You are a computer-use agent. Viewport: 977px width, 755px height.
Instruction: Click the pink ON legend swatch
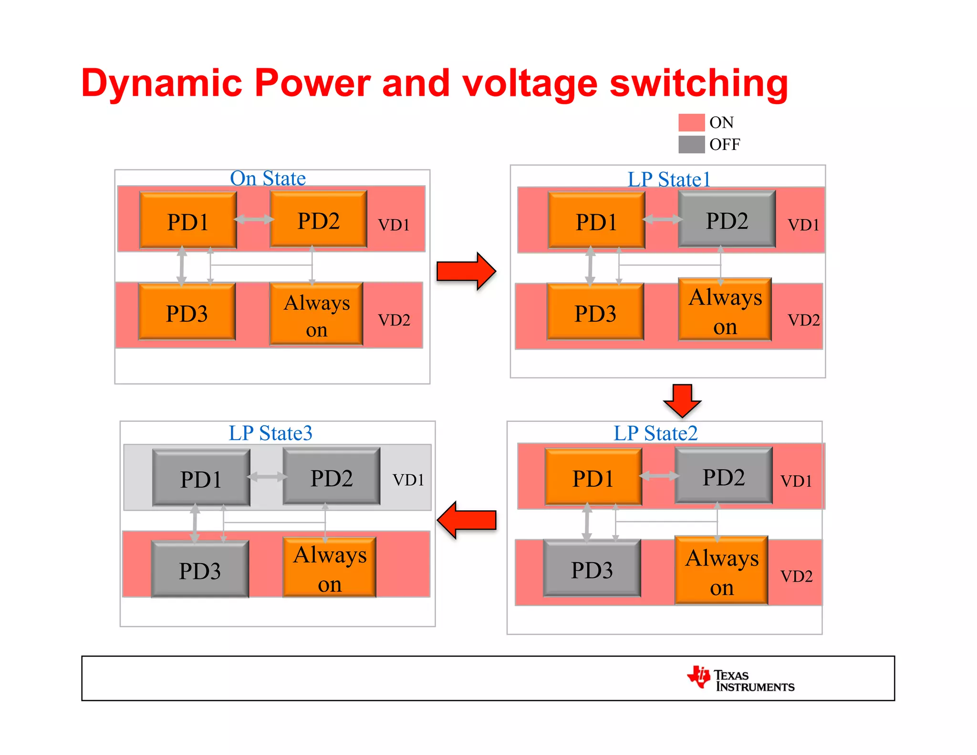point(691,123)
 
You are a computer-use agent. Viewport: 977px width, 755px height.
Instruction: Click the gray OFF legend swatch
point(691,144)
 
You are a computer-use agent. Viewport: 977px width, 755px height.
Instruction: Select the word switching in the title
point(698,84)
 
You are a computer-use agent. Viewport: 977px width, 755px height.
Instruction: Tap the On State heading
point(268,178)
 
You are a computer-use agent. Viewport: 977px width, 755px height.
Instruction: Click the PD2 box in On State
point(318,220)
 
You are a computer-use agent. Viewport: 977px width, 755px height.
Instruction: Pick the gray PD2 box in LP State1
point(727,220)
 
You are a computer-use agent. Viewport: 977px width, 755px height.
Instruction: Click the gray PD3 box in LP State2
point(592,569)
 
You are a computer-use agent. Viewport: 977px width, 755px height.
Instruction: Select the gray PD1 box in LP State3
point(201,478)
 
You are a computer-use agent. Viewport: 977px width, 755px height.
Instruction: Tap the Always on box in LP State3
point(329,568)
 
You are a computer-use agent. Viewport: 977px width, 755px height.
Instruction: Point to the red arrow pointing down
point(682,400)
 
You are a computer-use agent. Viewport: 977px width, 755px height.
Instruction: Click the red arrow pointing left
point(467,520)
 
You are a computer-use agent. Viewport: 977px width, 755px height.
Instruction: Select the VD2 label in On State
point(394,320)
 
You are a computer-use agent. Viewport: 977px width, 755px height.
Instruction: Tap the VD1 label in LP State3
point(408,480)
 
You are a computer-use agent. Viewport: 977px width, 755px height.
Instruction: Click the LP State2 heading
point(655,433)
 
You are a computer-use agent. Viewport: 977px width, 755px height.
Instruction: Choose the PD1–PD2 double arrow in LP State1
point(662,220)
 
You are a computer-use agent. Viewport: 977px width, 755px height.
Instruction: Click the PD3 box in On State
point(187,313)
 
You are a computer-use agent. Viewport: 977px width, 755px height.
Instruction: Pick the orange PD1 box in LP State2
point(593,477)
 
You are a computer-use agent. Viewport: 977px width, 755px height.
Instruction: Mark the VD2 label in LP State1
point(803,320)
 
